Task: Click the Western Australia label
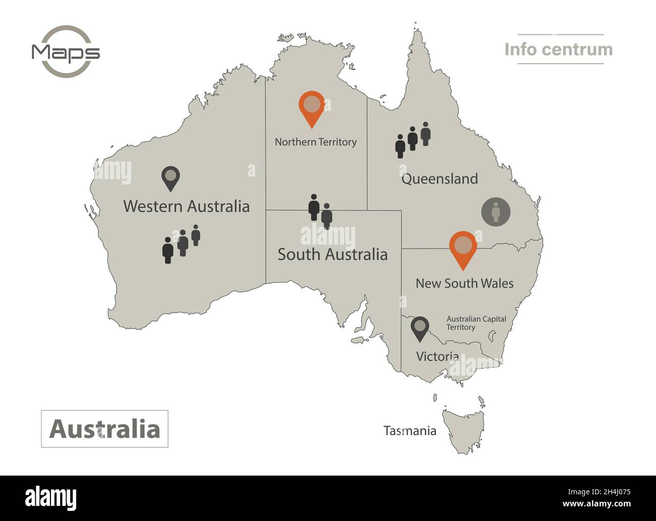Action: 186,206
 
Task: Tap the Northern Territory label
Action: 315,142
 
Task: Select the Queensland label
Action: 440,179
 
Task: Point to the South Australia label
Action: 333,254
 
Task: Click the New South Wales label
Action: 464,283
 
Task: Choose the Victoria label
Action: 437,357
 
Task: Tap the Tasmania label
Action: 410,431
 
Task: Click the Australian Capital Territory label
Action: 476,323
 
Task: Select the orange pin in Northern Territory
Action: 312,107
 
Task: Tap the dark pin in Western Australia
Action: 171,178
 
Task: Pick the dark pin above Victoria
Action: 419,328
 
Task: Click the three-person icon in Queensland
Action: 413,139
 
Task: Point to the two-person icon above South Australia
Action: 320,210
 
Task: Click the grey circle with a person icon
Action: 496,212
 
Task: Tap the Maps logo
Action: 66,51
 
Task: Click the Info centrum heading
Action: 559,49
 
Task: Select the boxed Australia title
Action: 104,429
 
